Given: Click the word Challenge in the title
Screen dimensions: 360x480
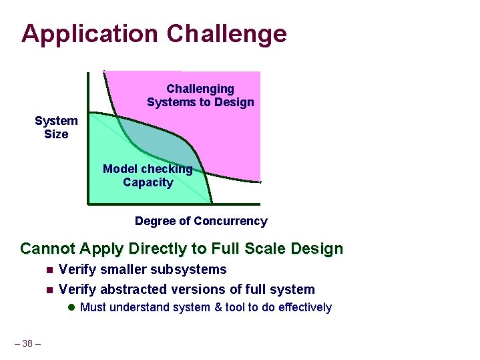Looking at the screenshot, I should tap(227, 33).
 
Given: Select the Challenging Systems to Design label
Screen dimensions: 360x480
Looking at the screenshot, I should tap(200, 96).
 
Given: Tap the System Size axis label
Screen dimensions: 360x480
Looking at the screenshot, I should tap(56, 128).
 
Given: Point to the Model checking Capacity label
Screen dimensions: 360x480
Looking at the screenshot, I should tap(148, 176).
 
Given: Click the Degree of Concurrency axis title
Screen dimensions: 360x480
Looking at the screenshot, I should tap(201, 221).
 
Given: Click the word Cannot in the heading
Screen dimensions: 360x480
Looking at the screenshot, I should tap(47, 249).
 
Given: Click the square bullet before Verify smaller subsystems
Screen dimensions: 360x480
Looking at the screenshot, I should tap(49, 271).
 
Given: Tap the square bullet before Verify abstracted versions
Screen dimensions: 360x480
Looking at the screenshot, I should tap(49, 290).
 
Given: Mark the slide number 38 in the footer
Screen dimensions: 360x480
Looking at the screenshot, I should tap(27, 343).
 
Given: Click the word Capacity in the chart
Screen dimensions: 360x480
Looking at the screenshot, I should tap(148, 182).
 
